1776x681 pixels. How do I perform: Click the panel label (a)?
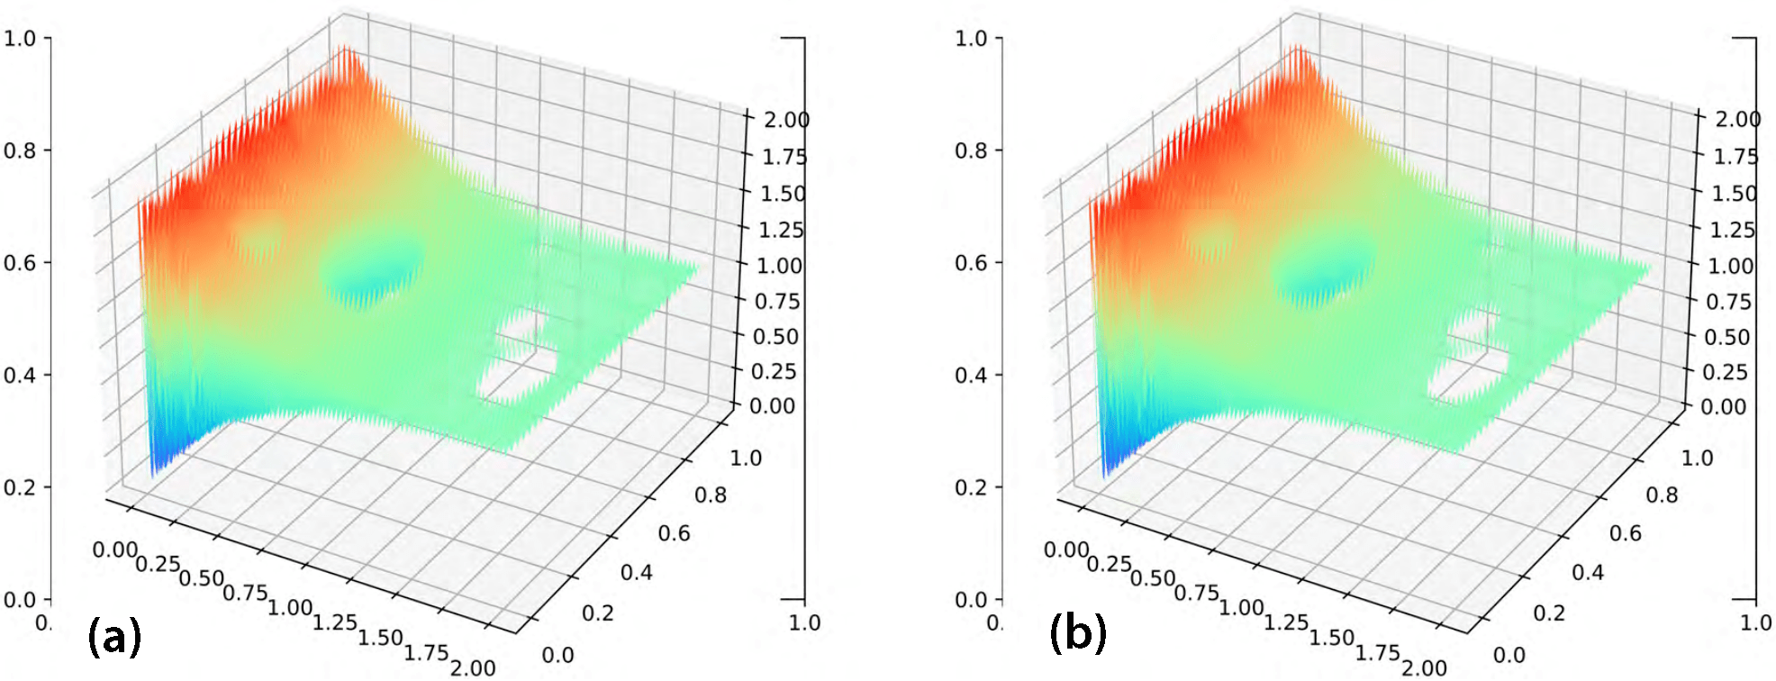coord(114,636)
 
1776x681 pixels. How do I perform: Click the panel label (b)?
coord(1077,632)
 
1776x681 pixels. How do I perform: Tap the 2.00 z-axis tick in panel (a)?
coord(786,120)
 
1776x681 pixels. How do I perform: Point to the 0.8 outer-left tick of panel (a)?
coord(20,150)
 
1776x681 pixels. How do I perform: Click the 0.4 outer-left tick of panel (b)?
coord(971,375)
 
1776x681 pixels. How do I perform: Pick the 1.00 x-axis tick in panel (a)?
coord(290,608)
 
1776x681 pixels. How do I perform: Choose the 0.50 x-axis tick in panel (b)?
coord(1153,577)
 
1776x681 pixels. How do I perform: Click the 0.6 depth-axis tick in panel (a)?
coord(674,533)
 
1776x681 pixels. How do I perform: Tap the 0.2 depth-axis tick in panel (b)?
coord(1549,613)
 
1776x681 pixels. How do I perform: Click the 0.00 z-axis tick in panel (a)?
coord(773,406)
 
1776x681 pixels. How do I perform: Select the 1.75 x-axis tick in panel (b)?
coord(1377,652)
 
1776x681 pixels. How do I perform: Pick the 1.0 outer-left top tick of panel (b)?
coord(971,38)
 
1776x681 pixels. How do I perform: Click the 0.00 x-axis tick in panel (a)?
coord(114,549)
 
